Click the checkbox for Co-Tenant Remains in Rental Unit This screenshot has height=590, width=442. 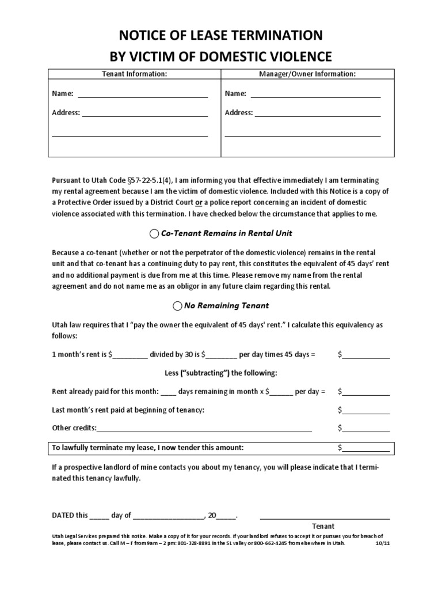coord(154,233)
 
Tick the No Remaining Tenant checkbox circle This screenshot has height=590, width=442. coord(177,305)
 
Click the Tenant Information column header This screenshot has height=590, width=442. coord(134,74)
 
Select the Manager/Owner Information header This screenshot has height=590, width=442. coord(307,74)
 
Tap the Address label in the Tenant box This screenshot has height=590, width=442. coord(66,113)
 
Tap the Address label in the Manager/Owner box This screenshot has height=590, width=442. coord(239,113)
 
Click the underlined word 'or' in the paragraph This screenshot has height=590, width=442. coord(199,202)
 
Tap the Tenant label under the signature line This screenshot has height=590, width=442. coord(323,526)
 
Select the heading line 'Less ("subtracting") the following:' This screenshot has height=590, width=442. coord(221,373)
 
